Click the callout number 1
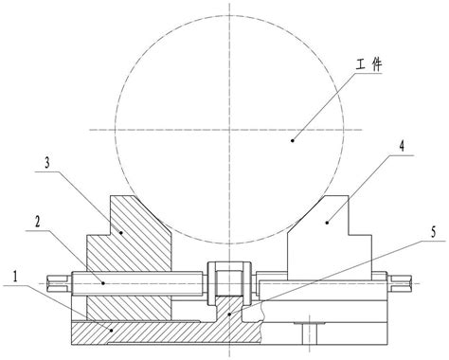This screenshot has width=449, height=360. pos(14,277)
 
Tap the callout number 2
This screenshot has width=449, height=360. pos(37,223)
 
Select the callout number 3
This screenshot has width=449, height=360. pos(47,163)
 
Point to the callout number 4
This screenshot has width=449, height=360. pos(402,146)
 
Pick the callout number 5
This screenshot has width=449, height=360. pos(433,232)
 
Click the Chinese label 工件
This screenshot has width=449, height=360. pos(368,64)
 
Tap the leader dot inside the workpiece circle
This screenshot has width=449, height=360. pos(293,140)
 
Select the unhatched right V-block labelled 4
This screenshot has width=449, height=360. pos(329,239)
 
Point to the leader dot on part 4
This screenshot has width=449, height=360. pos(327,223)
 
